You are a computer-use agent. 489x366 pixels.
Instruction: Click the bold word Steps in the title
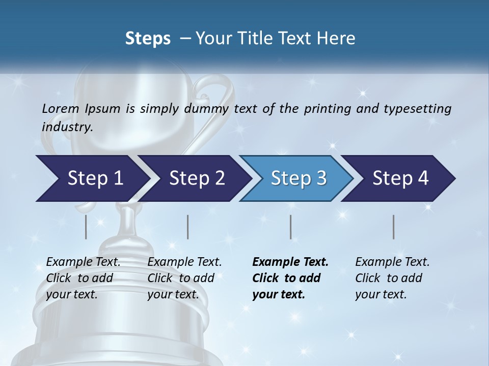click(148, 38)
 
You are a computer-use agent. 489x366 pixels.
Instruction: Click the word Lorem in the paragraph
click(60, 108)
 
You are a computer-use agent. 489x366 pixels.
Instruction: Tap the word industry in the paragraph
click(67, 127)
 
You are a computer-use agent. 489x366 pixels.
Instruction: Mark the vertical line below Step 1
click(86, 227)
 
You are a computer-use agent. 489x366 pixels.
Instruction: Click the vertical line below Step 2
click(188, 227)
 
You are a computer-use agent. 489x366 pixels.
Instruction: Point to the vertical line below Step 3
click(291, 227)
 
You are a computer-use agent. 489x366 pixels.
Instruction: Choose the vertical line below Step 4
click(394, 227)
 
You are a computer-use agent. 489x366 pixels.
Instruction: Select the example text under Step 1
click(83, 278)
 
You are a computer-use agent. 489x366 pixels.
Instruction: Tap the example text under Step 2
click(184, 278)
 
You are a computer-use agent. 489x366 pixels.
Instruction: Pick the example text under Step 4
click(392, 278)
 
